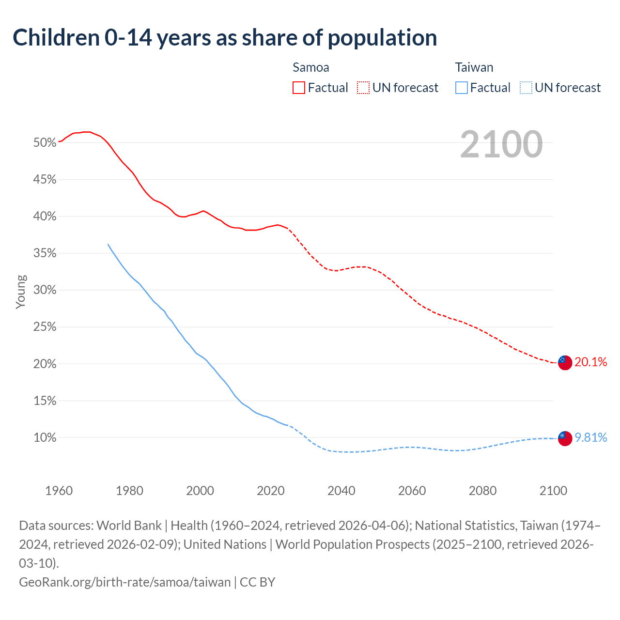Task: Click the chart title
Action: click(225, 38)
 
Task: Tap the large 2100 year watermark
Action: click(501, 144)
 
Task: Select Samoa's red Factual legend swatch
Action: click(299, 88)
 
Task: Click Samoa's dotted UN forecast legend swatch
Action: click(363, 88)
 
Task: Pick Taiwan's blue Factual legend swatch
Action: click(462, 88)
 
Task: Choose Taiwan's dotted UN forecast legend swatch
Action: click(526, 88)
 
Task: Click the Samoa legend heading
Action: click(311, 67)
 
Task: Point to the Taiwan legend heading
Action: click(474, 67)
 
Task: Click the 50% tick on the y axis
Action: click(45, 143)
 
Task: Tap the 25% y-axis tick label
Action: click(45, 327)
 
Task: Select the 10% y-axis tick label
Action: click(45, 438)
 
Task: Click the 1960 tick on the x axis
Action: click(59, 491)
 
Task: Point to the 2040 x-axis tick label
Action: click(341, 491)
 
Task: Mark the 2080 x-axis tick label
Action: click(482, 491)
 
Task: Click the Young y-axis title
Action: click(21, 292)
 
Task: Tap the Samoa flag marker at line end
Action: click(565, 362)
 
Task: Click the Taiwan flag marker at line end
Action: click(565, 438)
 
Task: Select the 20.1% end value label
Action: click(590, 362)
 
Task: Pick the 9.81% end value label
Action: click(590, 438)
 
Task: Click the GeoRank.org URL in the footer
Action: click(125, 582)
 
